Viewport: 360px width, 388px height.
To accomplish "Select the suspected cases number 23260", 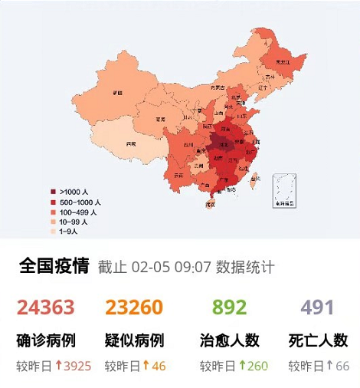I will pos(134,307).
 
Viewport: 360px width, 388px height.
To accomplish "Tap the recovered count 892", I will pos(229,307).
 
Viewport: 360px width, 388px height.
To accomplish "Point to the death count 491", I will pos(317,307).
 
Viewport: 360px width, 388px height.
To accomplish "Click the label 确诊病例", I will pos(46,340).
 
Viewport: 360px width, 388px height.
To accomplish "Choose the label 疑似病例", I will pos(134,340).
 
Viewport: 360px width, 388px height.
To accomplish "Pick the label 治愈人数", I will pos(230,340).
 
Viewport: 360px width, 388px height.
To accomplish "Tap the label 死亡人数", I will pos(318,340).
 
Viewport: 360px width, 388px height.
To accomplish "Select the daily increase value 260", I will pos(257,366).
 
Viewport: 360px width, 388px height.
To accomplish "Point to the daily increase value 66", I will pos(342,366).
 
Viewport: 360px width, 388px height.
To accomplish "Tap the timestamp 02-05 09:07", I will pos(172,268).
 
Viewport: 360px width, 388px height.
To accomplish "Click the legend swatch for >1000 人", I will pos(53,191).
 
